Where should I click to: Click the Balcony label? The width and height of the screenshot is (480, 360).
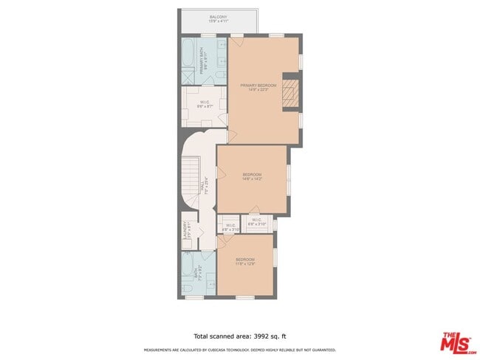click(218, 18)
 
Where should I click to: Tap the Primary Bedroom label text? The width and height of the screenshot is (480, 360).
click(258, 88)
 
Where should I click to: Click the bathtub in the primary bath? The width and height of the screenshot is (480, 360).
click(188, 53)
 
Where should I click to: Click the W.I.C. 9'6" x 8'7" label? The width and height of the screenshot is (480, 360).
click(205, 104)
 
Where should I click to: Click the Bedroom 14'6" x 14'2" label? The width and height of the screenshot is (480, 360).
click(252, 176)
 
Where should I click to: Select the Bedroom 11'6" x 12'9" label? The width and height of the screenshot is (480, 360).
click(245, 262)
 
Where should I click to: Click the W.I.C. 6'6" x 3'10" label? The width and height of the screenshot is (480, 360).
click(256, 221)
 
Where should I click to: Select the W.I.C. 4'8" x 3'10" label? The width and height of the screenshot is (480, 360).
click(230, 227)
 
